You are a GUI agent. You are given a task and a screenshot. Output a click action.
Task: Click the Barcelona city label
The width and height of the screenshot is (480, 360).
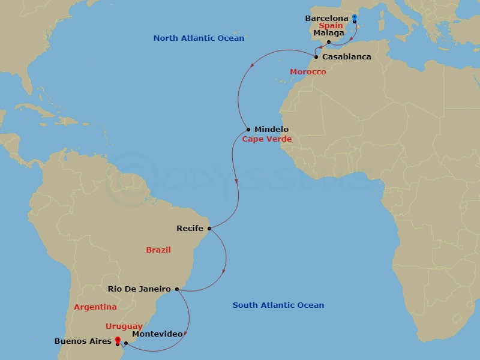[326, 19]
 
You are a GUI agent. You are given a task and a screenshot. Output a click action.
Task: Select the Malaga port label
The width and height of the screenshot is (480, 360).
[329, 33]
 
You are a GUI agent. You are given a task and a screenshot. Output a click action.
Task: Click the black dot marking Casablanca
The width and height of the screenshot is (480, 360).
[316, 57]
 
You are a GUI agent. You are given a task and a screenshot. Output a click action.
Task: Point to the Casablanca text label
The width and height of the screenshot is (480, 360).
[347, 57]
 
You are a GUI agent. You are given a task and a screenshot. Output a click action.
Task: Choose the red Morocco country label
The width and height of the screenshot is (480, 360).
[308, 72]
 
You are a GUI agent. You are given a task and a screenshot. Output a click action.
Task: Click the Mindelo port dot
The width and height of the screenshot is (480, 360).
[248, 130]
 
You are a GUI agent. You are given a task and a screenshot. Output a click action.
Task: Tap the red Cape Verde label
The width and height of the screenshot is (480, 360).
[266, 139]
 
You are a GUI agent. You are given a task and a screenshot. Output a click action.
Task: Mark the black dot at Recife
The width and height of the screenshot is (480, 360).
[209, 228]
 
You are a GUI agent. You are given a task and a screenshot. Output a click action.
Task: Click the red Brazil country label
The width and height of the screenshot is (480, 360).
[158, 250]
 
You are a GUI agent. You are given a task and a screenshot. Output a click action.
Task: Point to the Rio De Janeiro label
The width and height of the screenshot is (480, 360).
[139, 289]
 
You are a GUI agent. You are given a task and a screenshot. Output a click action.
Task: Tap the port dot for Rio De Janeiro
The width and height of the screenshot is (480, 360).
[176, 289]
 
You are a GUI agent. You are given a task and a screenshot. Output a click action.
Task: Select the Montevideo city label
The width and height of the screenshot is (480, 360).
[157, 334]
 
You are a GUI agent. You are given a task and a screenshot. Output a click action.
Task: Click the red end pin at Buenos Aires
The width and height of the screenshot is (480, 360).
[118, 340]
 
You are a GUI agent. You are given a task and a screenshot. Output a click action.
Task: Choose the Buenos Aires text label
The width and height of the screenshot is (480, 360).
[83, 341]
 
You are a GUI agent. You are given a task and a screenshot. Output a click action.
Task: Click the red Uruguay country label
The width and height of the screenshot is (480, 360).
[124, 326]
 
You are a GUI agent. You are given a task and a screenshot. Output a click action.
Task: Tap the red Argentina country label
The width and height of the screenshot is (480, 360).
[95, 307]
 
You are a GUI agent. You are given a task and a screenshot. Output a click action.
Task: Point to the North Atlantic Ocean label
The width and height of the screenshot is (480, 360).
[199, 38]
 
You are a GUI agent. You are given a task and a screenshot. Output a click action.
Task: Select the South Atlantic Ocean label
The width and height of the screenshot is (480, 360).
[278, 305]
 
